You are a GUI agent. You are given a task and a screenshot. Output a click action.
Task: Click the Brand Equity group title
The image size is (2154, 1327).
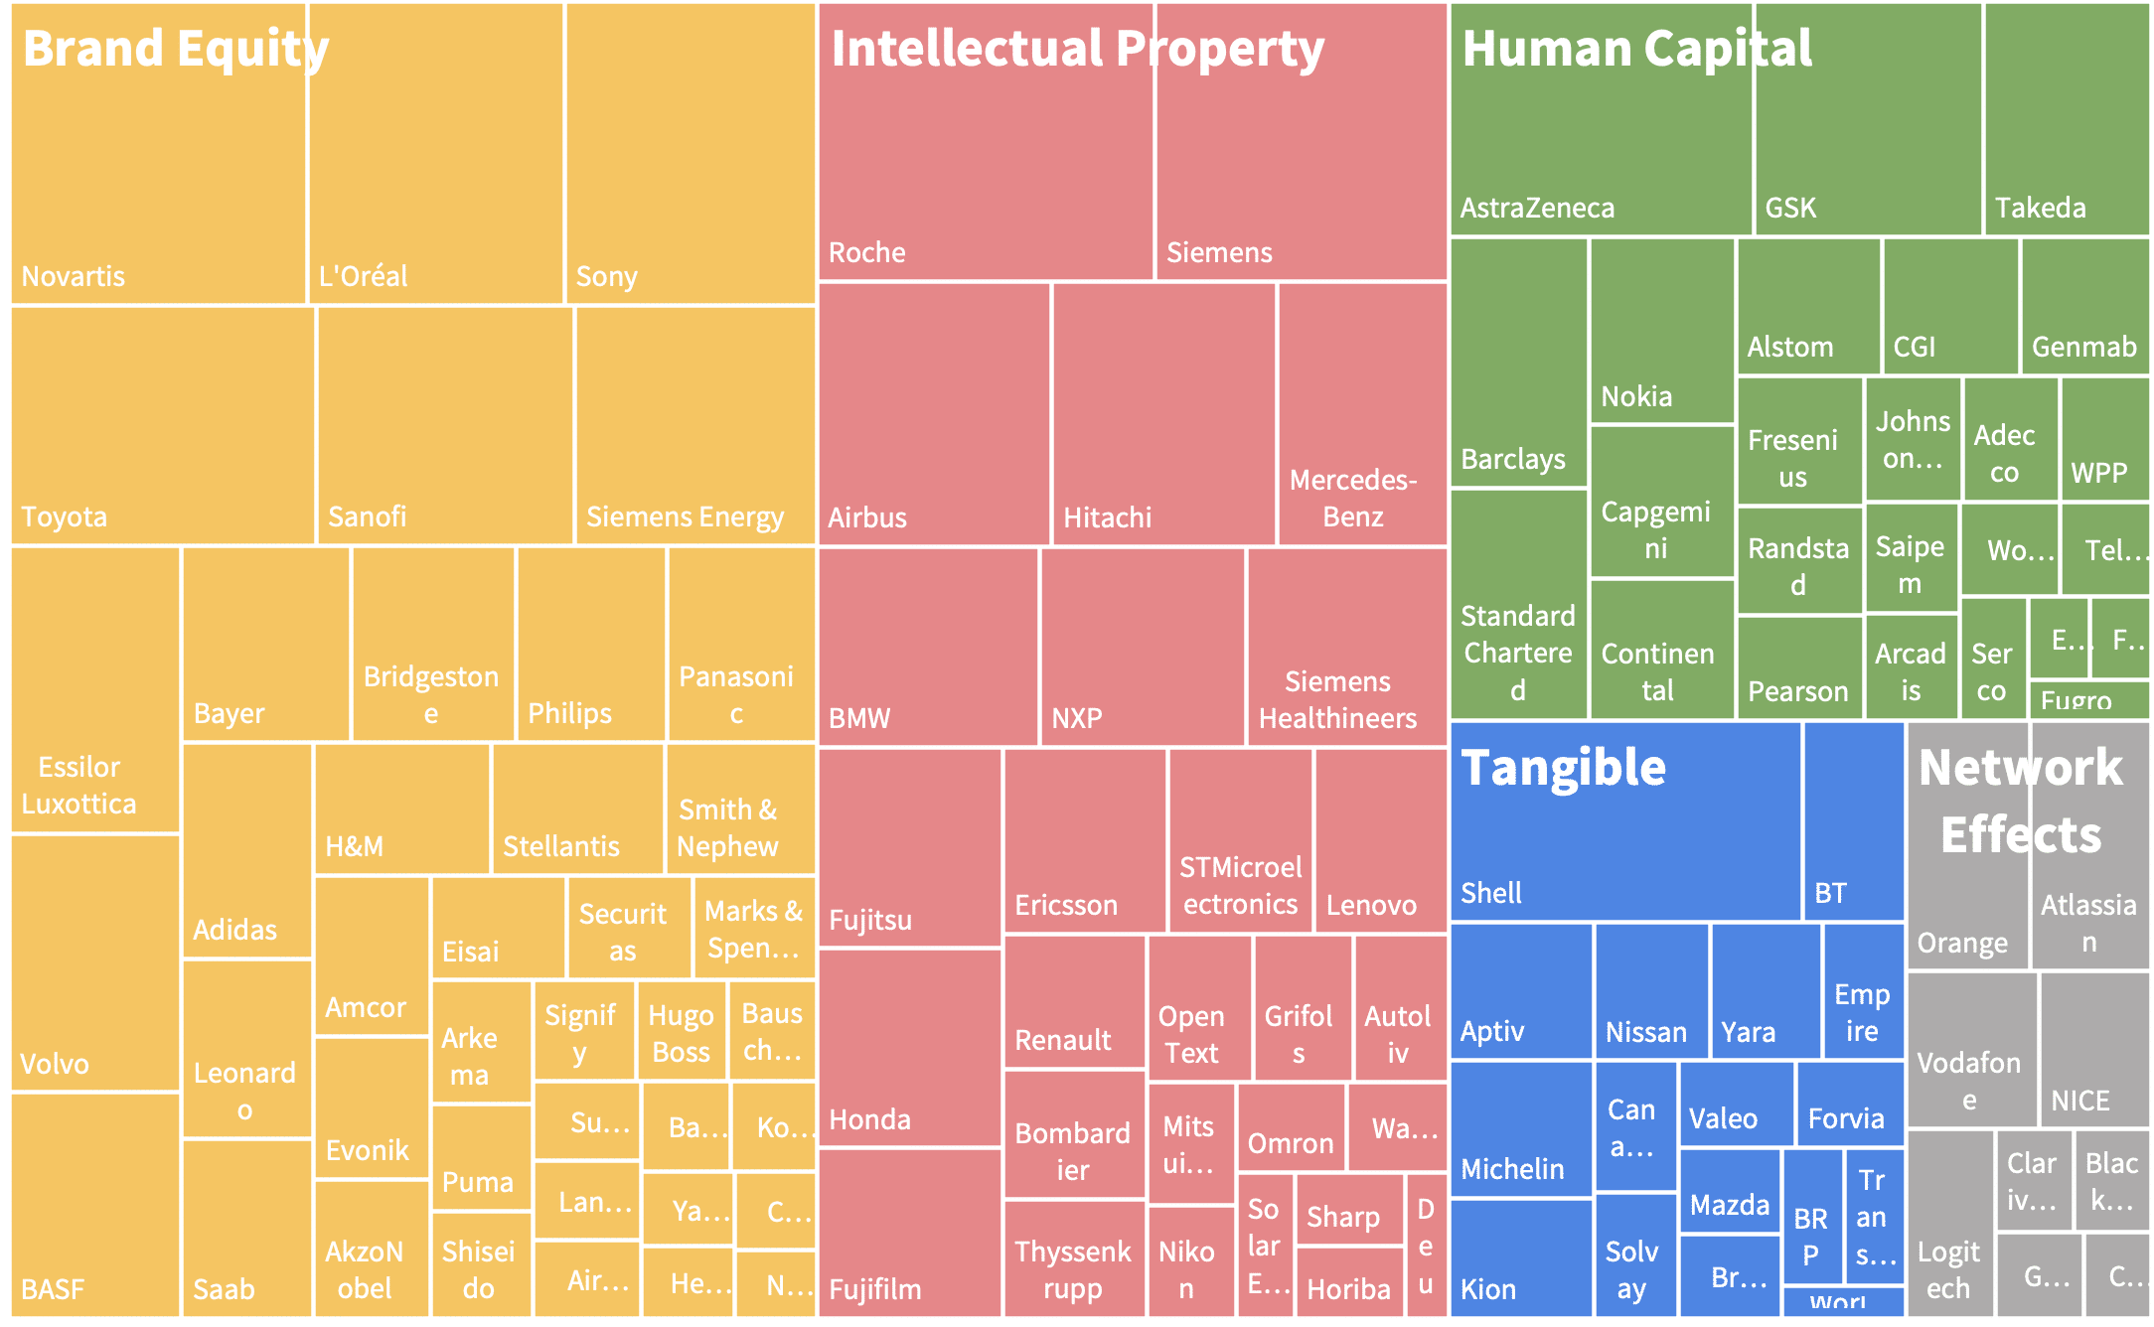click(x=175, y=50)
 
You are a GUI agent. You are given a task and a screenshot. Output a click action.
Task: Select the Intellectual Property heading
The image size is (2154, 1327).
click(x=1077, y=50)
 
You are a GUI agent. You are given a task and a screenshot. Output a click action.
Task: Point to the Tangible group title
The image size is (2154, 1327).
click(x=1563, y=768)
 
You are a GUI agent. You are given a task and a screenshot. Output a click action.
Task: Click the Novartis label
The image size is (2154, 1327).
click(x=74, y=276)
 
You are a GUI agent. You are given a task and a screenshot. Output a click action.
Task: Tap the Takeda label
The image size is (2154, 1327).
click(x=2041, y=208)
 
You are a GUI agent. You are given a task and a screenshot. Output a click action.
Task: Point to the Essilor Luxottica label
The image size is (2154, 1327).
click(x=79, y=785)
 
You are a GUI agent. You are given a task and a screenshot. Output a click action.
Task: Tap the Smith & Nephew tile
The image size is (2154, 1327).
click(x=739, y=809)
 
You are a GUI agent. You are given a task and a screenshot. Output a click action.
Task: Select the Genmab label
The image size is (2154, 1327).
click(x=2083, y=347)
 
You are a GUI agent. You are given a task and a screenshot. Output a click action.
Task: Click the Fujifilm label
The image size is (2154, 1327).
click(x=875, y=1289)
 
